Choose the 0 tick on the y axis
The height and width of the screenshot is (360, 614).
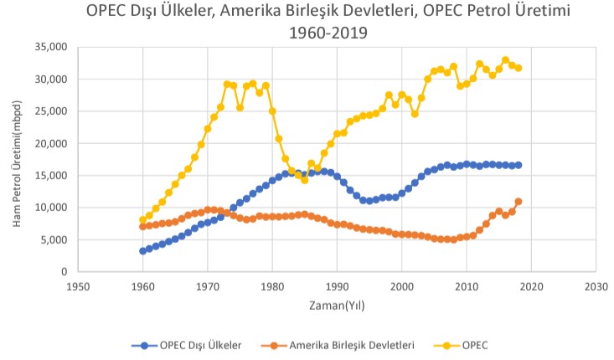[x=60, y=271]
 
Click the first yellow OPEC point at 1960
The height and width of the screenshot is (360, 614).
[x=142, y=220]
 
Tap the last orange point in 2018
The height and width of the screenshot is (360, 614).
[x=519, y=201]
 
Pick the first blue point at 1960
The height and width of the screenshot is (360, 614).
[x=142, y=250]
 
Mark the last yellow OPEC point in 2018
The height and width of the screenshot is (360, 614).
[x=519, y=68]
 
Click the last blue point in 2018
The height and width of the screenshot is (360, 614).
[x=519, y=165]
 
